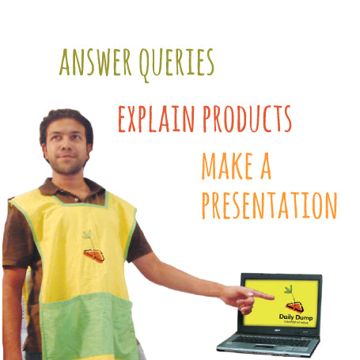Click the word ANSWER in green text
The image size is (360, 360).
coord(95,62)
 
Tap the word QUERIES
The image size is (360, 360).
coord(176,65)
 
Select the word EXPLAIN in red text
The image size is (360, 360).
coord(157,119)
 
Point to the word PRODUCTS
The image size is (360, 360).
coord(247,119)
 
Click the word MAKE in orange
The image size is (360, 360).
coord(227,166)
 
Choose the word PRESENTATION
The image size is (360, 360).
coord(269,206)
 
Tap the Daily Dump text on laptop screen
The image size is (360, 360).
coord(296,317)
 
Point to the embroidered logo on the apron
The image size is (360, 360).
coord(93,247)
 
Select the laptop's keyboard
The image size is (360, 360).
coord(271,341)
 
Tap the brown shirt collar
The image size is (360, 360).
coord(72,188)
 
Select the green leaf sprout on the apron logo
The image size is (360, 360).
coord(88,235)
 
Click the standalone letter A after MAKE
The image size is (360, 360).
coord(266,166)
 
